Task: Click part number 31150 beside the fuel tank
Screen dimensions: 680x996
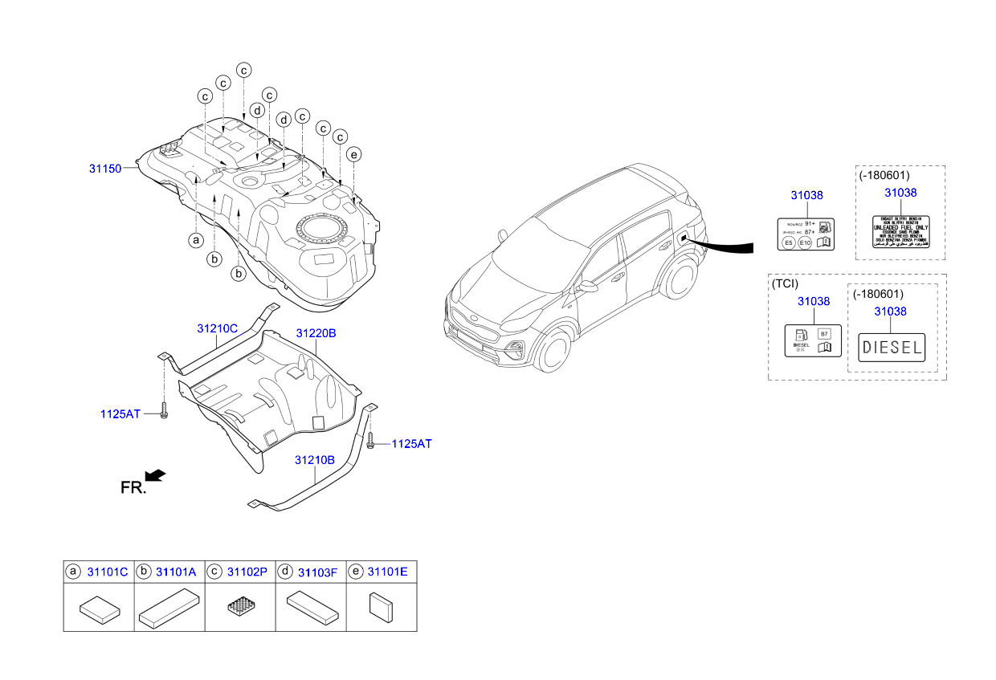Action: point(104,169)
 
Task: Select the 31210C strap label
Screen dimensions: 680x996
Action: point(218,328)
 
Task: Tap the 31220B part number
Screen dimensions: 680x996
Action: point(316,332)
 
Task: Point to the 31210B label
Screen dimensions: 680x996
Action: point(314,460)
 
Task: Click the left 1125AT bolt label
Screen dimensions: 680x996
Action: point(120,413)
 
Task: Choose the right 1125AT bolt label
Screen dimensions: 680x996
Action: point(411,443)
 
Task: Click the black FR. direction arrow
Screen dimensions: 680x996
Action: point(157,475)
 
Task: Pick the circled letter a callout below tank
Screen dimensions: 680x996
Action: point(194,239)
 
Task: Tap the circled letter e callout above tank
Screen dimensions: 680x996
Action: point(354,154)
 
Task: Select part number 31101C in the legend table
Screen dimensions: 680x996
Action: point(108,572)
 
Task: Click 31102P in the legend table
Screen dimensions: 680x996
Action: point(247,572)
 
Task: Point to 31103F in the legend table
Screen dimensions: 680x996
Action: point(317,572)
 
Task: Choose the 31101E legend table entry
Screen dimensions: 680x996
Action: point(387,572)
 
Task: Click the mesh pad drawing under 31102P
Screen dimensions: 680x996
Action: point(240,608)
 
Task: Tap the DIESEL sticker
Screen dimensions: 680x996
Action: point(892,348)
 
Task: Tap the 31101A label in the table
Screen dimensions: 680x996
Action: point(176,572)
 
